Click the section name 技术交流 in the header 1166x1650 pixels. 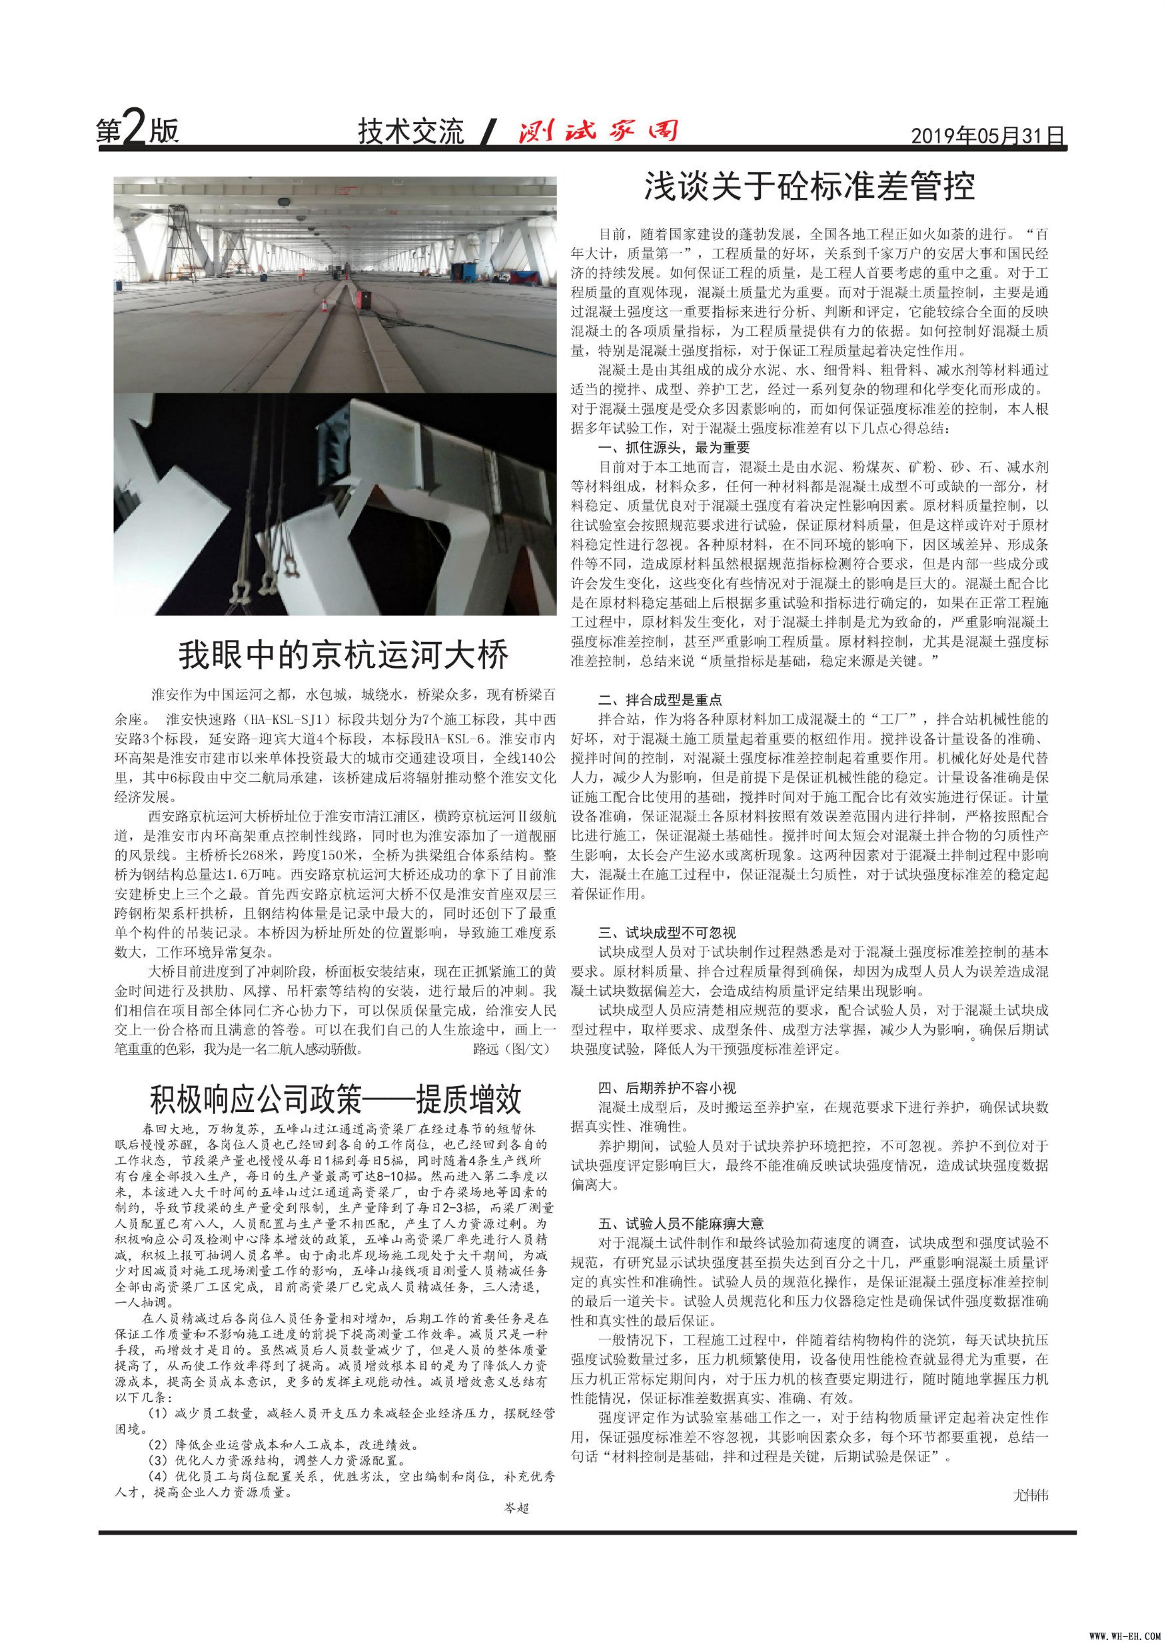click(x=412, y=131)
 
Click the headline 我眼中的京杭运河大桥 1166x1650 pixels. click(x=343, y=655)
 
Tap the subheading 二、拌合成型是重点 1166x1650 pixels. click(x=660, y=699)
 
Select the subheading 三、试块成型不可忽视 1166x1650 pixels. click(x=667, y=933)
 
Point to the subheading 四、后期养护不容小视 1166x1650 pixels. click(x=667, y=1088)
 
